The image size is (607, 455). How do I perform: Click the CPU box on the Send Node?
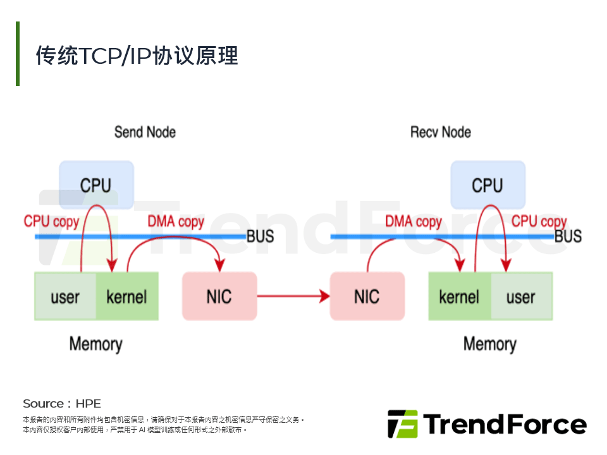[x=96, y=185]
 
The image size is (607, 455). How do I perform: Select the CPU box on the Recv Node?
[x=487, y=185]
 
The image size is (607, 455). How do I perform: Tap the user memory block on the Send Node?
[x=65, y=296]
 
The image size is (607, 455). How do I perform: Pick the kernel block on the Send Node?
[x=127, y=296]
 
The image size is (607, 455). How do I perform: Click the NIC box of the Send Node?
[x=219, y=296]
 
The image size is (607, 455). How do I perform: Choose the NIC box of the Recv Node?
[x=367, y=296]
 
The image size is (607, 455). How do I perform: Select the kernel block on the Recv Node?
[x=460, y=296]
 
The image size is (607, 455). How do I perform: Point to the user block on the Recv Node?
[x=521, y=296]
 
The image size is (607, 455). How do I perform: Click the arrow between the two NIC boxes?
[x=293, y=296]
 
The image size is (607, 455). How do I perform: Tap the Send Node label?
[x=145, y=132]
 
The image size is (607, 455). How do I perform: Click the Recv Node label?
[x=441, y=132]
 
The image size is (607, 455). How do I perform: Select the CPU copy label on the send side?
[x=51, y=222]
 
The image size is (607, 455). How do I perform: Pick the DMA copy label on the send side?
[x=176, y=222]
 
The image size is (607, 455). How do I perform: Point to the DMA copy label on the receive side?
[x=414, y=222]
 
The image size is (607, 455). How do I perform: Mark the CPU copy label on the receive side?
[x=539, y=222]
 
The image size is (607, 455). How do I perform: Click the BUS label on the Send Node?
[x=260, y=236]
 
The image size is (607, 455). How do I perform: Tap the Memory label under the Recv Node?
[x=489, y=344]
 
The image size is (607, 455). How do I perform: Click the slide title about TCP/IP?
[x=137, y=56]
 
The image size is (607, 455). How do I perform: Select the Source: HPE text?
[x=62, y=403]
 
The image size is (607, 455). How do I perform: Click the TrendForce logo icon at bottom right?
[x=402, y=424]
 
